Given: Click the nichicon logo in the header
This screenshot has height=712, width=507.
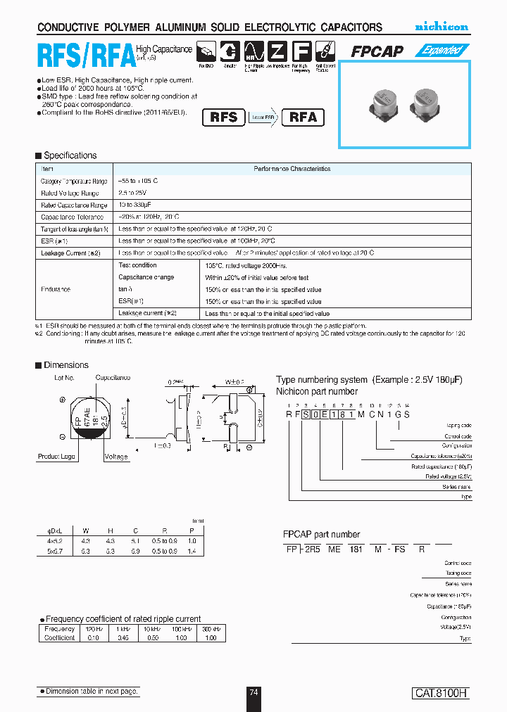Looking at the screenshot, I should click(x=441, y=27).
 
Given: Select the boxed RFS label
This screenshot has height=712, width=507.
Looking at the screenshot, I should click(x=224, y=117).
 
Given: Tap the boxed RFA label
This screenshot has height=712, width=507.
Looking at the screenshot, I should click(x=303, y=117).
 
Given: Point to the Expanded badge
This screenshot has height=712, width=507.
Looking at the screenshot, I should click(x=441, y=51).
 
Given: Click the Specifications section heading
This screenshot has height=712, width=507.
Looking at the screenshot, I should click(x=70, y=155).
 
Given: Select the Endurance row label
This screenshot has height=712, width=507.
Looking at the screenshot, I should click(x=56, y=289).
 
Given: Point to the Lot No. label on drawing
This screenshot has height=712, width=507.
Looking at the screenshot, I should click(x=64, y=379).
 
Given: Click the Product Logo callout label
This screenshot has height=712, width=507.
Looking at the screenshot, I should click(x=57, y=457).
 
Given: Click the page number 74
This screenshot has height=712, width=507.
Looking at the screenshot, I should click(x=254, y=692).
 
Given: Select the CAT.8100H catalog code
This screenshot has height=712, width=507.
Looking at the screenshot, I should click(x=440, y=693).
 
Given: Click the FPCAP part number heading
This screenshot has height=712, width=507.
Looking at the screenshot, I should click(x=321, y=534).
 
